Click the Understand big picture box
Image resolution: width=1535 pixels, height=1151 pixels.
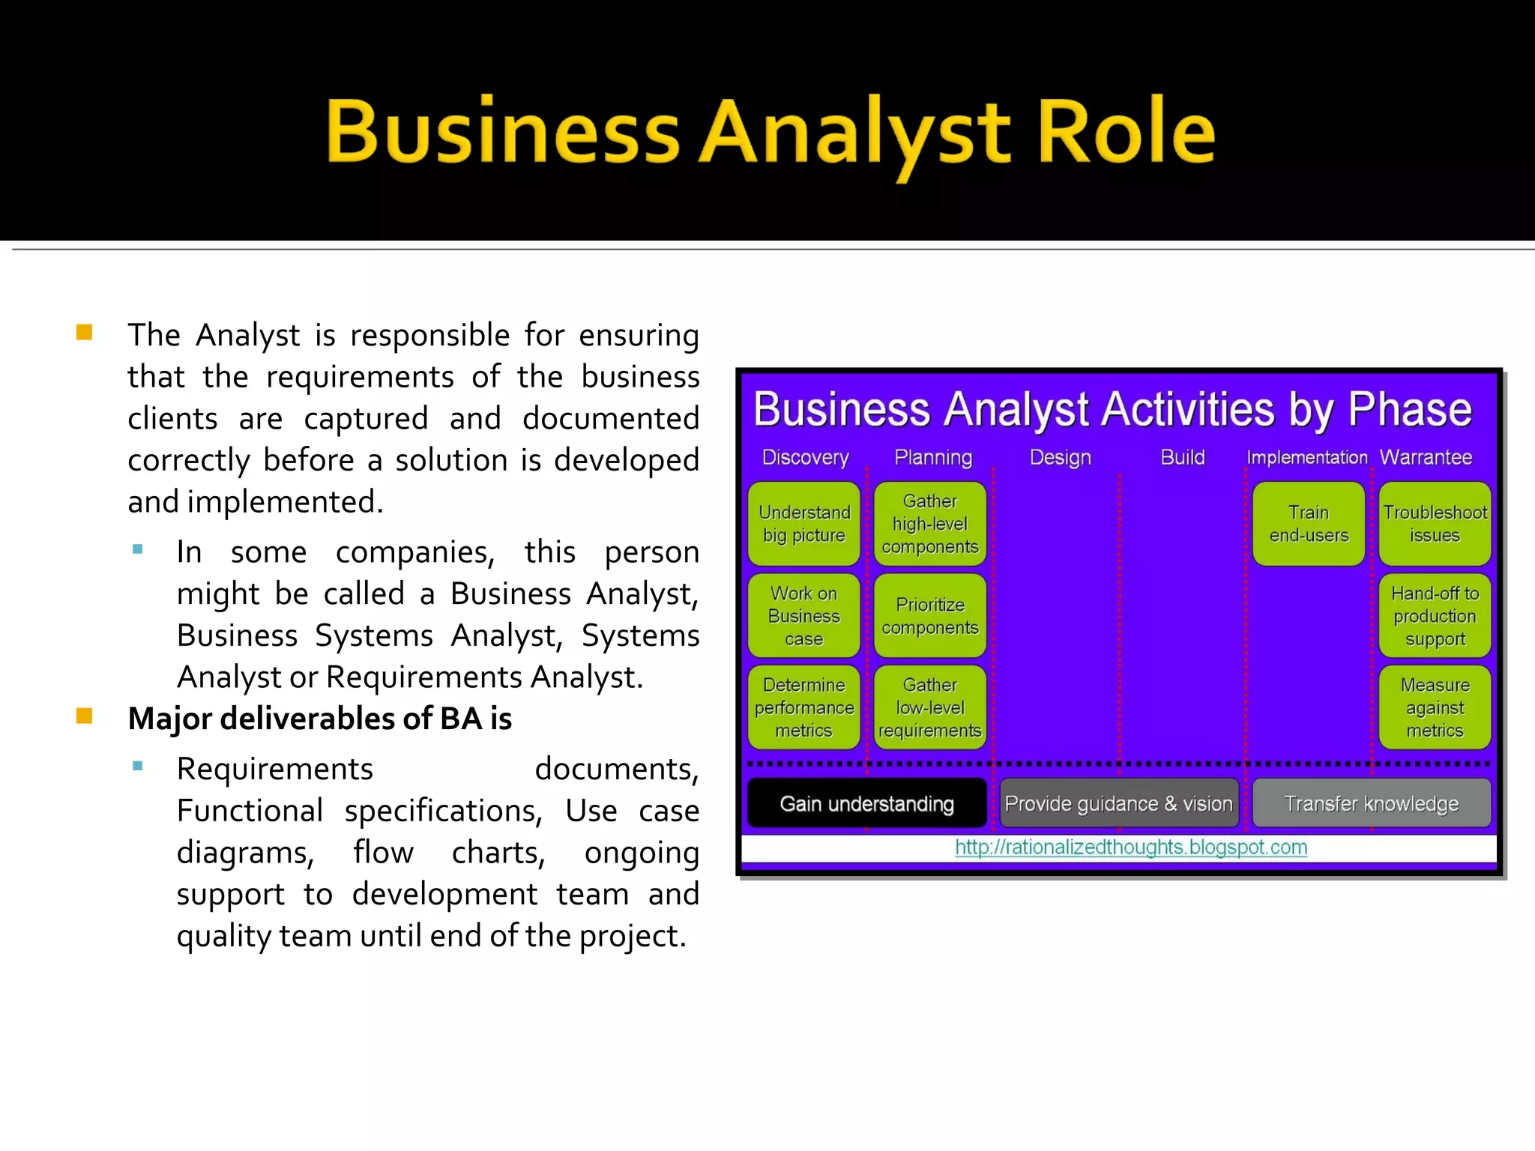(803, 524)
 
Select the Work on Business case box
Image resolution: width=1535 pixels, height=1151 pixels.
(803, 616)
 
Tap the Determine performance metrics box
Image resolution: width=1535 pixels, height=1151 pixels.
(803, 707)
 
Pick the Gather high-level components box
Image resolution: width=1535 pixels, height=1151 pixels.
(930, 524)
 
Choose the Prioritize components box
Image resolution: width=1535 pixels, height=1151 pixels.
(930, 616)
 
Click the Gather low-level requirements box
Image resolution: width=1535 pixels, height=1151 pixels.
(930, 707)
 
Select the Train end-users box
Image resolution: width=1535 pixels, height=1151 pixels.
(1309, 524)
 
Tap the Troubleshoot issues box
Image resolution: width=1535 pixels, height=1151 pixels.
(1435, 524)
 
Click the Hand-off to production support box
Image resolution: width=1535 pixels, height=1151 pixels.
(1435, 616)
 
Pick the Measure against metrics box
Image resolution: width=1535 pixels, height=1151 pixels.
(1435, 707)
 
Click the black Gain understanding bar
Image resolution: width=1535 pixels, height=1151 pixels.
(867, 803)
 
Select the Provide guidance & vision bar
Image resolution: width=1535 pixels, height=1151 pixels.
(1118, 803)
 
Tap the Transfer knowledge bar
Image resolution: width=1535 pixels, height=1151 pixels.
(1372, 803)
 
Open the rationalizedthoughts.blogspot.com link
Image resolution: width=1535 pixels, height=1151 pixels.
(1131, 848)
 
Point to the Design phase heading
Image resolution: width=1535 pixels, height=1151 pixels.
(1060, 457)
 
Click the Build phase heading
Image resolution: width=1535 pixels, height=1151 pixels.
(1183, 457)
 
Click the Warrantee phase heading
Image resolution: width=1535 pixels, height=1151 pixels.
(1426, 457)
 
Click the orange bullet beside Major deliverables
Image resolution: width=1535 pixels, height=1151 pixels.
(84, 716)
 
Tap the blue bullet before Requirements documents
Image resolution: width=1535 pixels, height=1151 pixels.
(137, 766)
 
